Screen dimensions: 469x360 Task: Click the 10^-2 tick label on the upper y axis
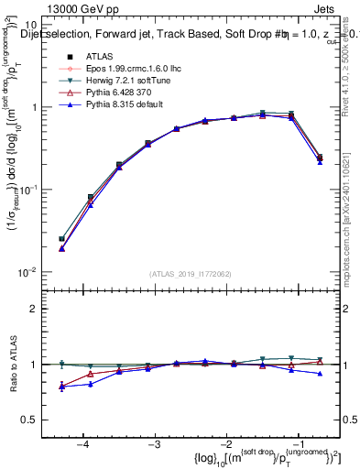click(28, 271)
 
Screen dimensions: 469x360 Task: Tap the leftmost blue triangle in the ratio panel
click(61, 387)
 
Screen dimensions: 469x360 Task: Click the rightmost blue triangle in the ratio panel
click(320, 374)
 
